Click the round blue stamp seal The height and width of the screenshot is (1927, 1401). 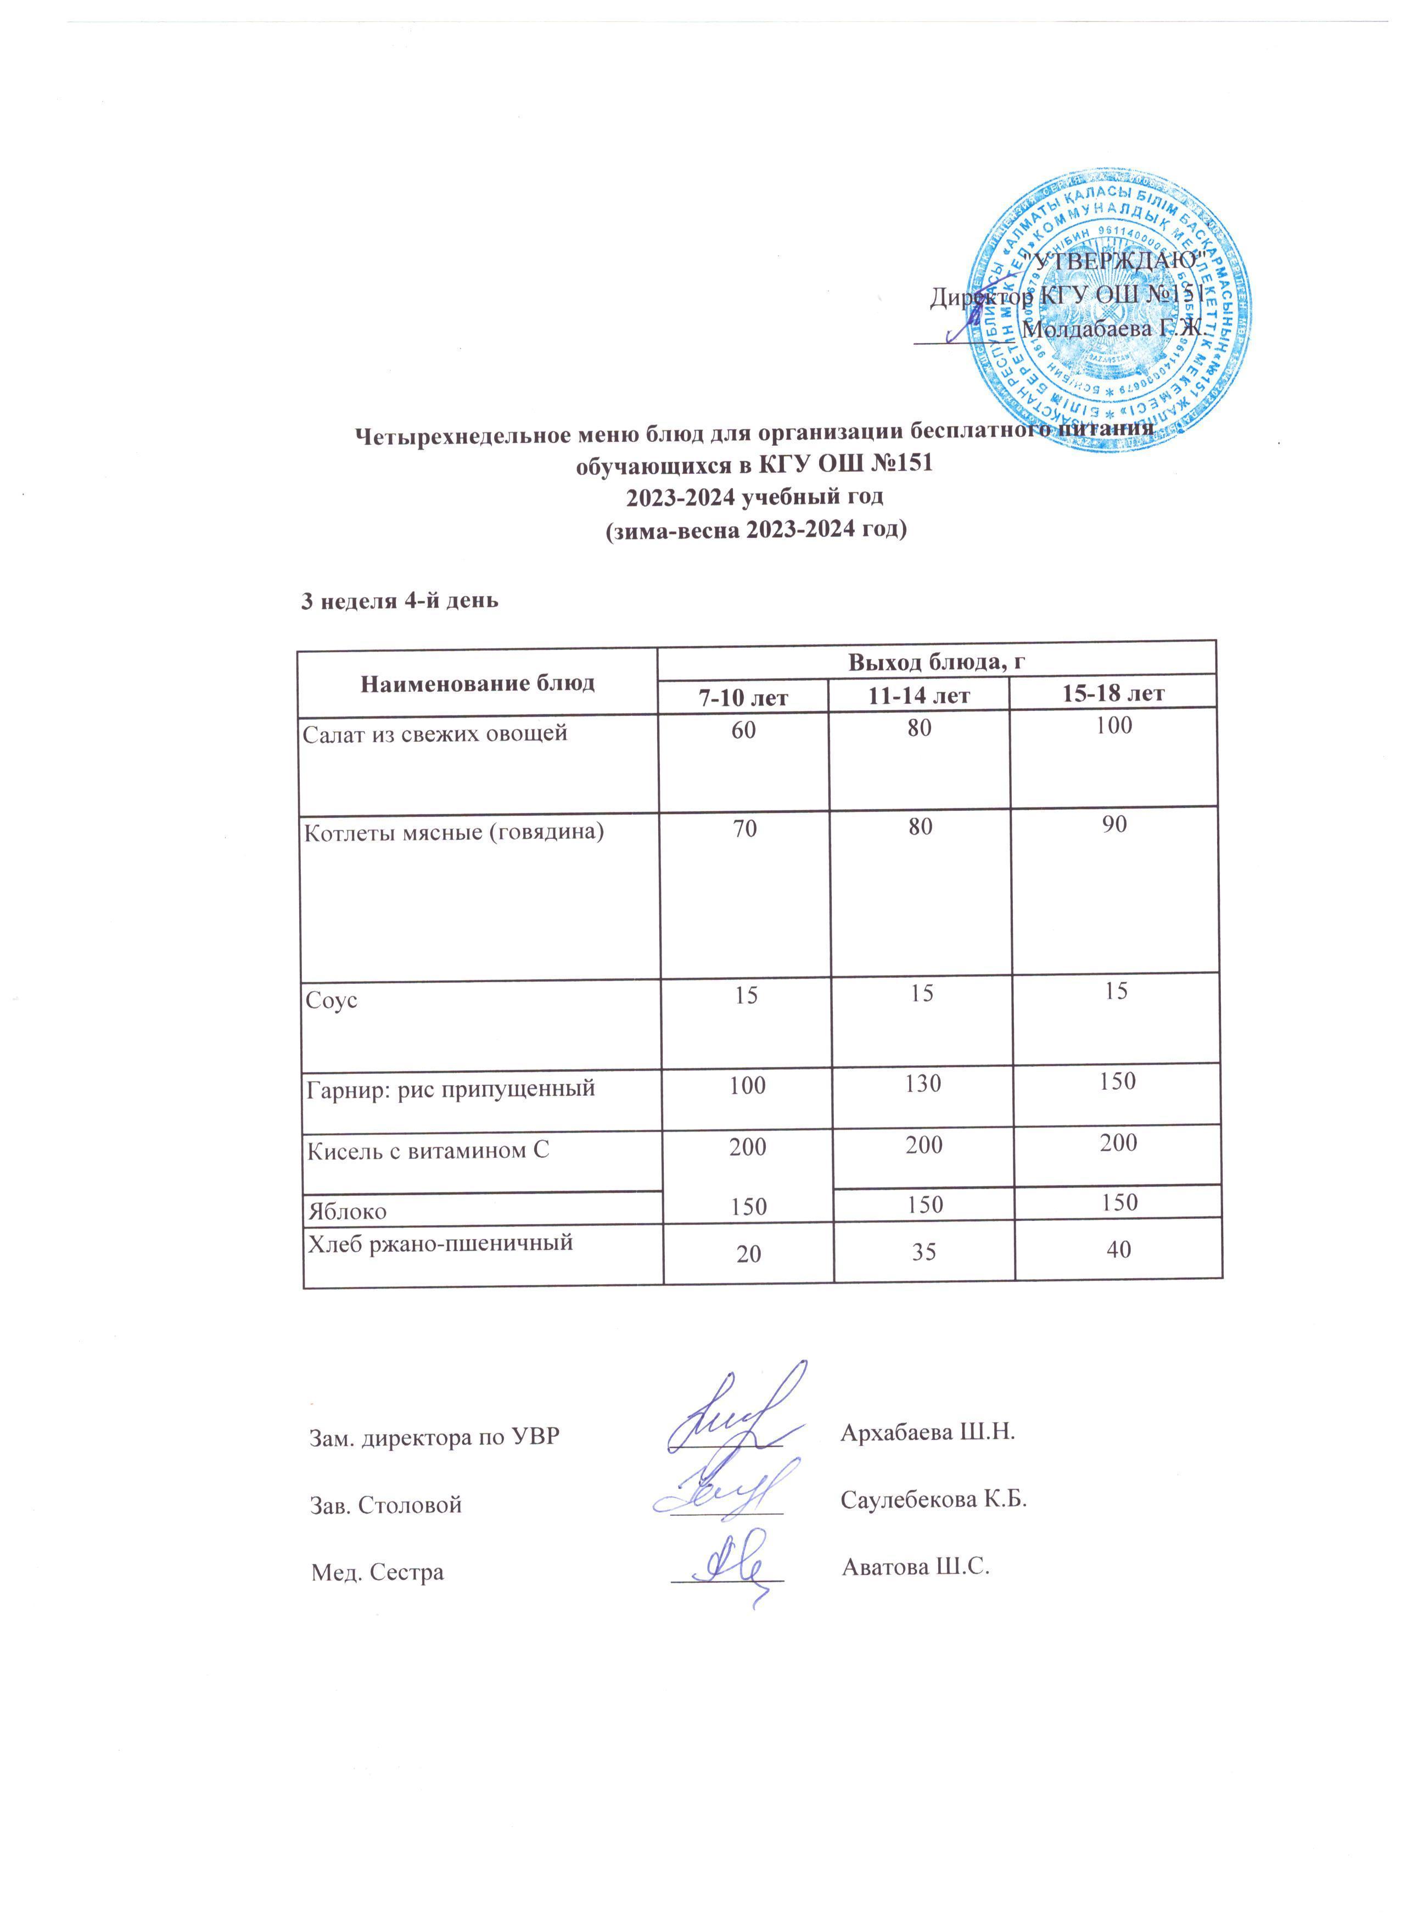(1113, 307)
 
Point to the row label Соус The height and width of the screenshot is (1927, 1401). (332, 1000)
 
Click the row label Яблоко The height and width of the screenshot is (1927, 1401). (346, 1209)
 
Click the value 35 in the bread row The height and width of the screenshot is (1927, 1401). (924, 1251)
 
